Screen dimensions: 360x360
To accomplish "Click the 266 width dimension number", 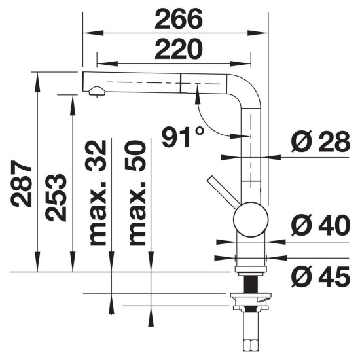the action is pos(179,19).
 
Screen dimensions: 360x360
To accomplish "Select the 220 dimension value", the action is pos(179,49).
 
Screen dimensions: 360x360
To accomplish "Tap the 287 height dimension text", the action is pos(22,184).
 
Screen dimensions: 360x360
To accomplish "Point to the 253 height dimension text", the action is pos(56,198).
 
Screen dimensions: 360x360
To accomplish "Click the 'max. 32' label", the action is pos(98,193).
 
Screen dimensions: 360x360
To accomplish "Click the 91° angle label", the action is pos(183,137).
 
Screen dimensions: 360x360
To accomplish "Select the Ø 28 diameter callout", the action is pos(321,141).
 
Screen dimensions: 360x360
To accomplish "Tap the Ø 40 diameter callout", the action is pos(321,225).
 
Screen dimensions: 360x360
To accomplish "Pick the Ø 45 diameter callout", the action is pos(321,277).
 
